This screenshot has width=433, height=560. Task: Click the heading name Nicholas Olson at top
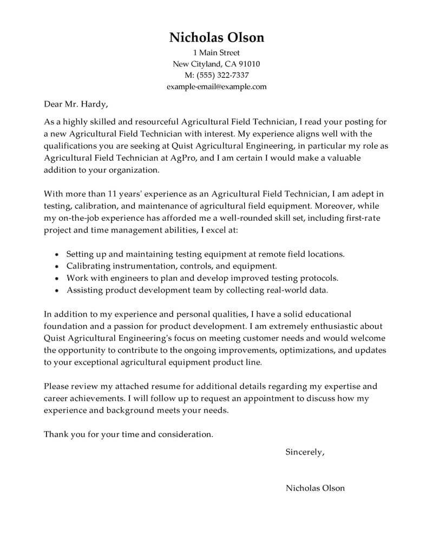coord(216,37)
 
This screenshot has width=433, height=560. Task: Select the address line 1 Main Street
coord(216,53)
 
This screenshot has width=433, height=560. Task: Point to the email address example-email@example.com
coord(216,86)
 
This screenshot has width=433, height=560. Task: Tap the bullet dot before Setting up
coord(57,254)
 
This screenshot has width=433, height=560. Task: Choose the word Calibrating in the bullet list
coord(89,266)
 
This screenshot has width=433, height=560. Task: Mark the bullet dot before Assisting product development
coord(57,291)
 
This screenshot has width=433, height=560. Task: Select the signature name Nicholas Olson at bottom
coord(315,488)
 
